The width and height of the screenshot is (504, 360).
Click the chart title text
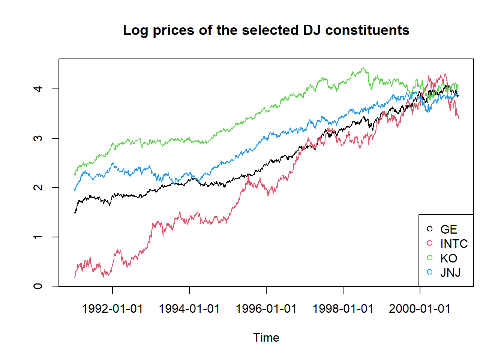[x=266, y=30]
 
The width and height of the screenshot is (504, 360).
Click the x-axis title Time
[x=266, y=337]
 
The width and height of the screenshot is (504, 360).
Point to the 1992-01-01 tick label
[x=112, y=309]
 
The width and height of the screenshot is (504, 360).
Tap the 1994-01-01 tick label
[x=189, y=309]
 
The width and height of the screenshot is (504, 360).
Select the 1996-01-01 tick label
[x=266, y=309]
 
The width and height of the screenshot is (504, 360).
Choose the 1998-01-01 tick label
[x=343, y=309]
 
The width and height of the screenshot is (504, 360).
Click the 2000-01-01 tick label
[x=419, y=309]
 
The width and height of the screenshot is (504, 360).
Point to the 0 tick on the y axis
[x=38, y=286]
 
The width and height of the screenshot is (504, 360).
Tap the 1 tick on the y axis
[x=38, y=237]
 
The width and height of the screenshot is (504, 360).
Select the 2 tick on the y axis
[x=38, y=187]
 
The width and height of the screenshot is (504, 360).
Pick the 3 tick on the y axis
[x=38, y=138]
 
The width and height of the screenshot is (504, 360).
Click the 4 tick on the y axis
[x=38, y=89]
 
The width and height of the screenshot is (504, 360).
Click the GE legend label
[x=448, y=229]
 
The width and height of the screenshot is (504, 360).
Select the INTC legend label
[x=454, y=244]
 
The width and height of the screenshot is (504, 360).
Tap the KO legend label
[x=448, y=258]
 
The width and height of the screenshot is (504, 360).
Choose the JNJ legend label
[x=450, y=273]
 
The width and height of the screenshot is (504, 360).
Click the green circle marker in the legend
[x=430, y=258]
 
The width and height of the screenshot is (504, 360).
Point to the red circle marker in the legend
[x=430, y=243]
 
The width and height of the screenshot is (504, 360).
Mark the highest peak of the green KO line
[x=363, y=68]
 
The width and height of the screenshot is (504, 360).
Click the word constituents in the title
[x=367, y=30]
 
